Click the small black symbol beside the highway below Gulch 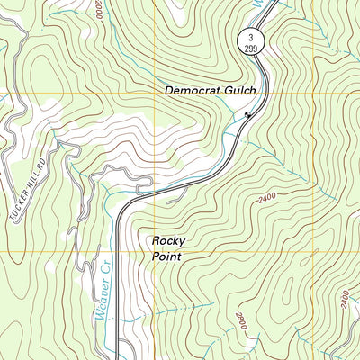247,113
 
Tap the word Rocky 167,240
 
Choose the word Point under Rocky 166,256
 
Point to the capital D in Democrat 168,91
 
